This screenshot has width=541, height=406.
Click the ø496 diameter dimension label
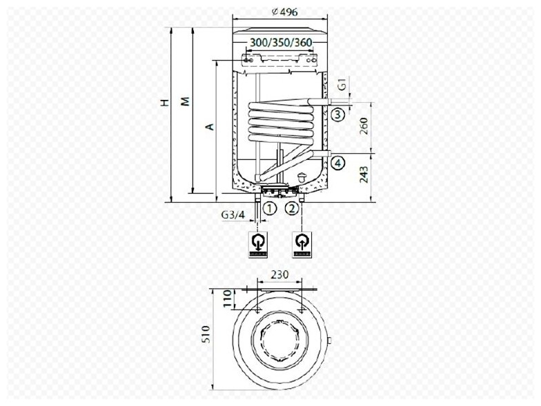[284, 12]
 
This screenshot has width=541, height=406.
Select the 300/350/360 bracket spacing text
[281, 43]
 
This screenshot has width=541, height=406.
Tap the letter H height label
[166, 102]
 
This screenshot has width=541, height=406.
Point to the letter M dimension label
[186, 101]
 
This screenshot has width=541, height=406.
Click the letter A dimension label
[210, 127]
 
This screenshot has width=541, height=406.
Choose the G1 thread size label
[341, 84]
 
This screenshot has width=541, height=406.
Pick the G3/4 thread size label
[233, 215]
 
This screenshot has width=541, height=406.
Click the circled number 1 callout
[270, 208]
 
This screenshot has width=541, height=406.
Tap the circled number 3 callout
[338, 114]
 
